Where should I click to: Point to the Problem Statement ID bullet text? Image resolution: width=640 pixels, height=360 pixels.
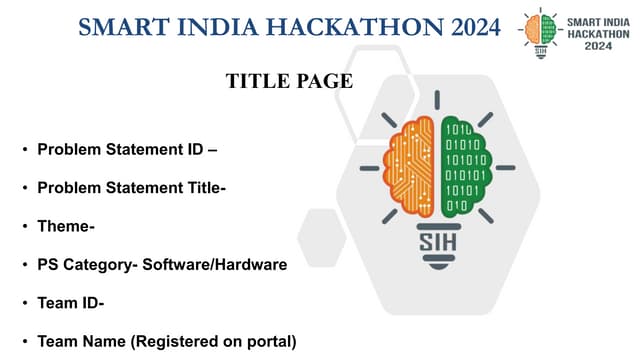tap(128, 151)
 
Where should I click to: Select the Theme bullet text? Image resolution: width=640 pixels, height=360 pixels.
tap(66, 227)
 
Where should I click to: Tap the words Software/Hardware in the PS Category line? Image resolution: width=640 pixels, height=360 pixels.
tap(226, 265)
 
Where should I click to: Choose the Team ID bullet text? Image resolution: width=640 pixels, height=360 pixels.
tap(71, 303)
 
